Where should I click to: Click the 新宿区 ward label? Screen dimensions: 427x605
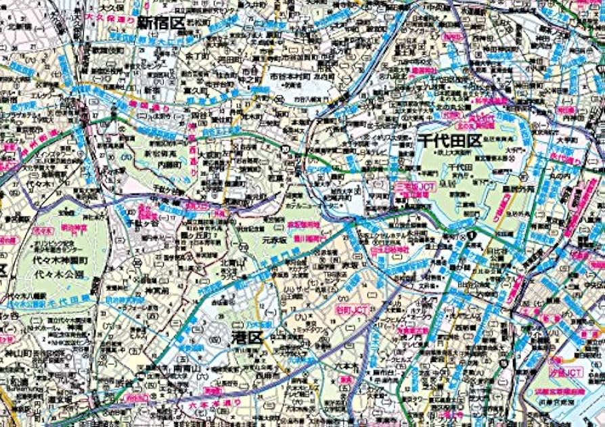[x=161, y=24]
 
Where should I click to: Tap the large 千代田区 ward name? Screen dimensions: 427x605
[x=449, y=141]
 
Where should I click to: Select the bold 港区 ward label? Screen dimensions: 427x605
[x=249, y=338]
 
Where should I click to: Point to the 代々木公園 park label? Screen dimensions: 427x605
[x=62, y=275]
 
